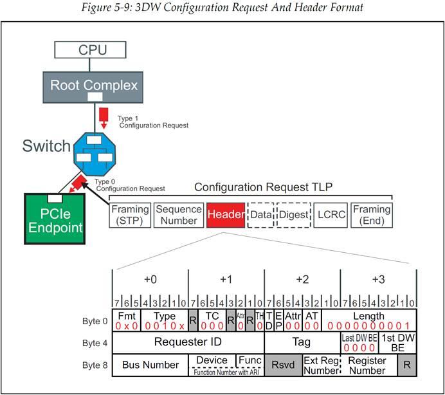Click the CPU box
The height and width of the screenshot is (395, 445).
[x=93, y=50]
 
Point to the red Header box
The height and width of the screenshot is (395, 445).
[x=225, y=215]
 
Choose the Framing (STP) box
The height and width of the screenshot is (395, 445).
[x=130, y=215]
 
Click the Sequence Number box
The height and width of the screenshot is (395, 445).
[x=178, y=215]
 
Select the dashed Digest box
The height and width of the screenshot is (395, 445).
[x=293, y=215]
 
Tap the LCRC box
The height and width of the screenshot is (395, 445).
[x=331, y=215]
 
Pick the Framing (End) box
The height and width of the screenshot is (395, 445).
[x=371, y=215]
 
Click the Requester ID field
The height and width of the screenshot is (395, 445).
[x=188, y=342]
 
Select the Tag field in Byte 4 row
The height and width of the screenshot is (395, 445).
[x=302, y=342]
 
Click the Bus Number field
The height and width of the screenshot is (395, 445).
[x=150, y=365]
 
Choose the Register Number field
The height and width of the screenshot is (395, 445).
[x=368, y=365]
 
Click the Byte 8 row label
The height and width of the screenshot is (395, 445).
[x=93, y=365]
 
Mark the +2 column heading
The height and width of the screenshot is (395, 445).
[x=302, y=280]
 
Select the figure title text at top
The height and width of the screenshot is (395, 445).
[x=222, y=8]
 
